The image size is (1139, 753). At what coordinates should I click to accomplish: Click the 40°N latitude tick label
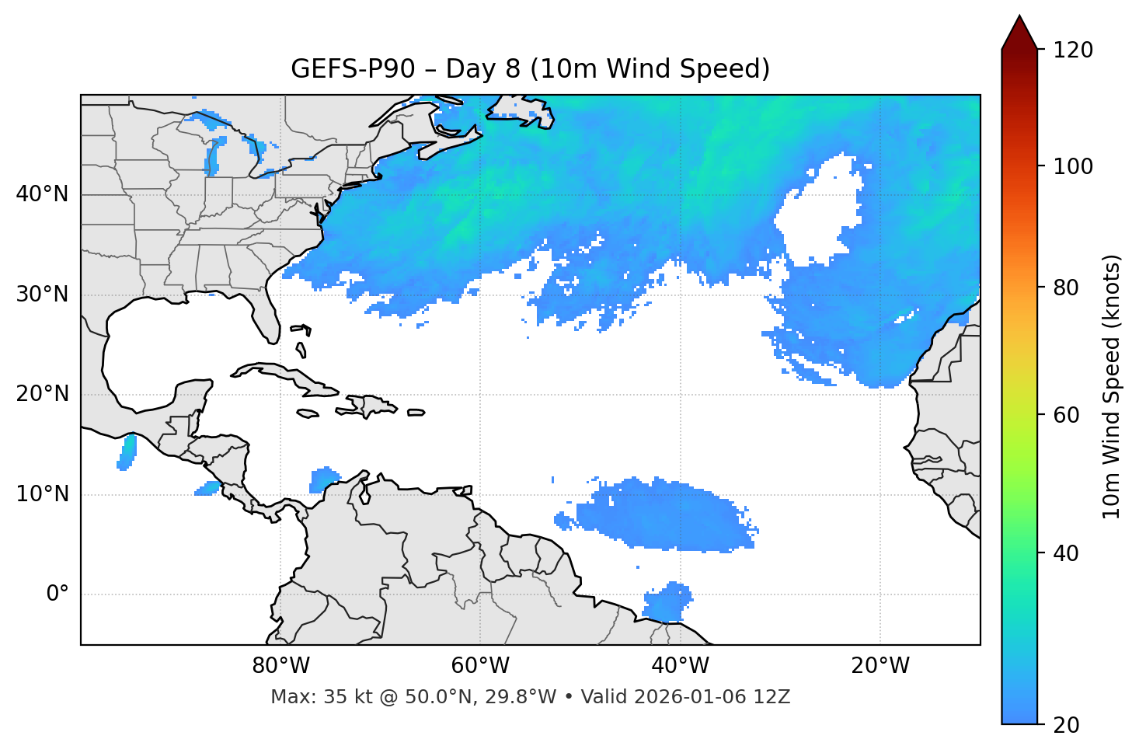[42, 194]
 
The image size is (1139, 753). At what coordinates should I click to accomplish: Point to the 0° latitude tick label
[57, 594]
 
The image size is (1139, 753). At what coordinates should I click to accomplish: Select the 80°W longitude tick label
[280, 666]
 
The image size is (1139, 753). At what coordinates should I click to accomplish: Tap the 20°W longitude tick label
[880, 666]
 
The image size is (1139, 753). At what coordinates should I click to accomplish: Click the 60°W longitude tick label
[480, 666]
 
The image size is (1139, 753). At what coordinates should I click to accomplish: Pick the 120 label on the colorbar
[1073, 51]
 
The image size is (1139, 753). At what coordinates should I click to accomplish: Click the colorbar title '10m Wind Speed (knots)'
[1112, 386]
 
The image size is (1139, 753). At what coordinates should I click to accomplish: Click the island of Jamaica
[308, 413]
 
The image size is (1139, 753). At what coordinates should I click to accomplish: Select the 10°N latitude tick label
[42, 494]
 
